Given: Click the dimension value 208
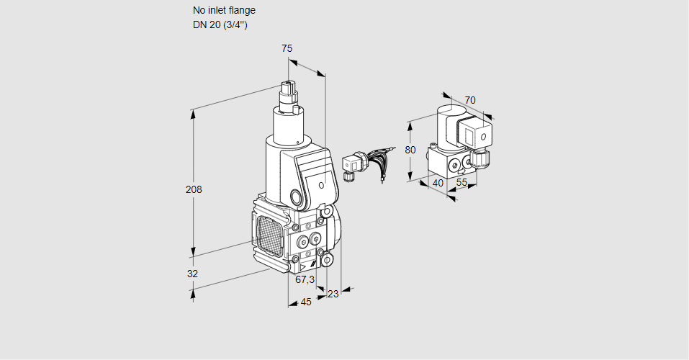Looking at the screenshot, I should click(194, 190).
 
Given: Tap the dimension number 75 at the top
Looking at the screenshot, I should click(287, 48).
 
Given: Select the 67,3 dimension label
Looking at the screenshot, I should click(305, 279).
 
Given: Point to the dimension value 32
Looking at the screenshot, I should click(192, 274).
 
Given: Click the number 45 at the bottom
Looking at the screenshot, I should click(306, 302).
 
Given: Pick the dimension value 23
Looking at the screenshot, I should click(333, 293).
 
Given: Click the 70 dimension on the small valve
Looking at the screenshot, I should click(470, 100).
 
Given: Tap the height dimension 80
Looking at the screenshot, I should click(410, 150).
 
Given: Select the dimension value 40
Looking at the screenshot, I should click(437, 183).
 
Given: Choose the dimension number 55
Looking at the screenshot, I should click(462, 183).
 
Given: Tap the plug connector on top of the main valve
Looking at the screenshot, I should click(290, 93).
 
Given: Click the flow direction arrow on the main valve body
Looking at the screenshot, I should click(306, 266).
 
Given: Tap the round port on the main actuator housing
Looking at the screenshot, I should click(297, 196).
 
